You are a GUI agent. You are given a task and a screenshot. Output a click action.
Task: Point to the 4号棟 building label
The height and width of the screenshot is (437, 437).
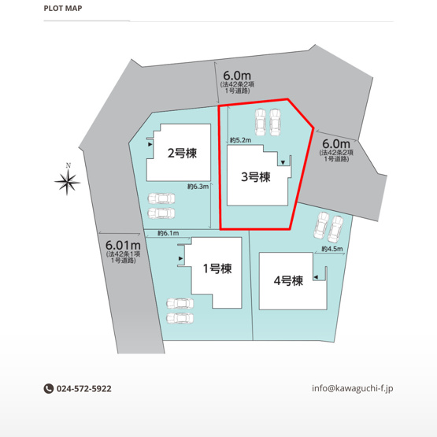pyautogui.click(x=287, y=280)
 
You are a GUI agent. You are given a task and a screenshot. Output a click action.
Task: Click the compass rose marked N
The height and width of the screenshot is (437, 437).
pyautogui.click(x=68, y=182)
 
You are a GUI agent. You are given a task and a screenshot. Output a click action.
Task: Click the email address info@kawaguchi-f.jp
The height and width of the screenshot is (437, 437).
pyautogui.click(x=352, y=388)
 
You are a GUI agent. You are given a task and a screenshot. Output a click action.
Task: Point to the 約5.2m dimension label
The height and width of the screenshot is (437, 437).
pyautogui.click(x=240, y=140)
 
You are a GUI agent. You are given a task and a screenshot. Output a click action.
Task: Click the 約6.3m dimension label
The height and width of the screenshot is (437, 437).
pyautogui.click(x=197, y=187)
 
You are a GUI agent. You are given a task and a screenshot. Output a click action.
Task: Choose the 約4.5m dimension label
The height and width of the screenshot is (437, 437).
pyautogui.click(x=332, y=250)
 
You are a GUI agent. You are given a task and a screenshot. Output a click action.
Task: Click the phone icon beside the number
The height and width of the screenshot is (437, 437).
pyautogui.click(x=48, y=388)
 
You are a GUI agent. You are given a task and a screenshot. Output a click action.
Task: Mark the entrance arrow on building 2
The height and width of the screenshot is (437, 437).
pyautogui.click(x=150, y=144)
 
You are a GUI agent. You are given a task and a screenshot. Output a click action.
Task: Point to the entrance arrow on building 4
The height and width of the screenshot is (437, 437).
pyautogui.click(x=317, y=276)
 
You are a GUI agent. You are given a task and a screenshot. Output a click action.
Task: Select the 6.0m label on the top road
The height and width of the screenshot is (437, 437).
pyautogui.click(x=237, y=73)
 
